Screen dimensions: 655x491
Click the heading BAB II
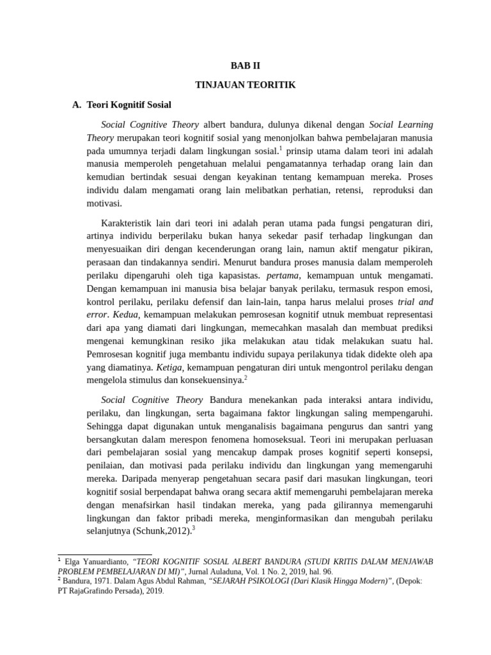click(245, 66)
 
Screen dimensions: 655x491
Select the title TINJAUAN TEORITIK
click(245, 84)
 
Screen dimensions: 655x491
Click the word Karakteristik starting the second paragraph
click(130, 223)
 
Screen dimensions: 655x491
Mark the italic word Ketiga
click(169, 367)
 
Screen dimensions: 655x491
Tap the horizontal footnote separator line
click(105, 555)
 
